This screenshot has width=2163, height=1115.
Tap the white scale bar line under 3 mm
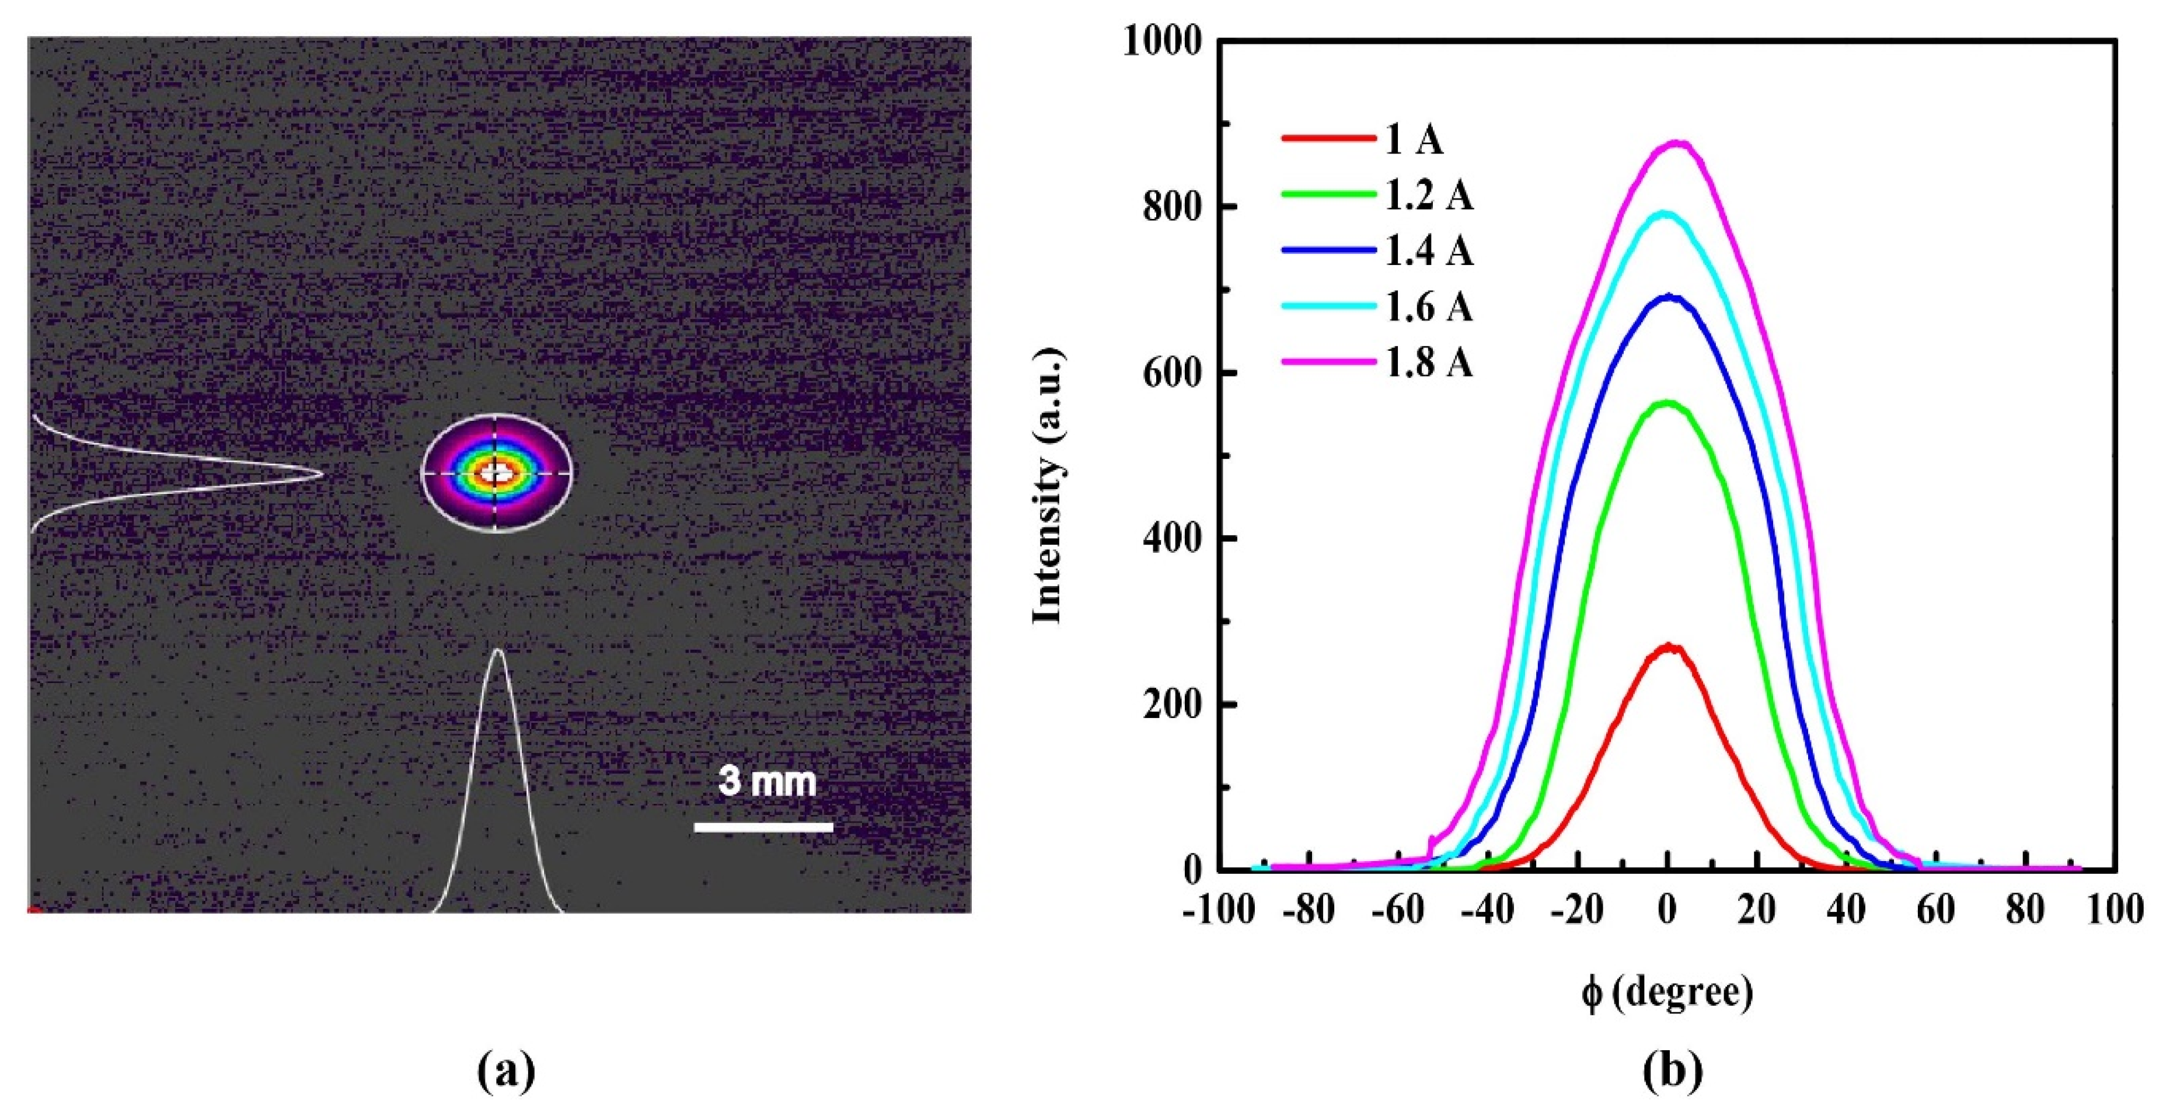pos(763,827)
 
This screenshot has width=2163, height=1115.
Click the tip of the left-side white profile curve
pos(322,473)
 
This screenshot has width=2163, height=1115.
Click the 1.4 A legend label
pos(1428,251)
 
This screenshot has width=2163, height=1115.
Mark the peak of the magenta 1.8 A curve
pos(1672,144)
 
